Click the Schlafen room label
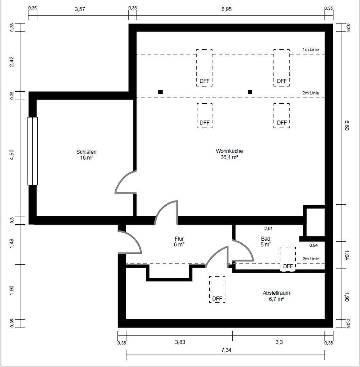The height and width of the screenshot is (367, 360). tap(86, 152)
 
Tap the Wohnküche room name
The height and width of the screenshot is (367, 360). tap(229, 151)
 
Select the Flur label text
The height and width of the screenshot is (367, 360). tap(179, 239)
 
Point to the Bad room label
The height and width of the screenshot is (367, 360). tap(266, 239)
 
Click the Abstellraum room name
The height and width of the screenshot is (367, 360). tap(276, 293)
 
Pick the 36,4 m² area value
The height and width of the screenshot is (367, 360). tap(229, 157)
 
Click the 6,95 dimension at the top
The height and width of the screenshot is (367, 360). tap(226, 9)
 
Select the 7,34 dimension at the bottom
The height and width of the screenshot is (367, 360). tap(226, 350)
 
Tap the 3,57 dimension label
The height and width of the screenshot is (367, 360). tap(80, 9)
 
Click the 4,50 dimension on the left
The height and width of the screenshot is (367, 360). tap(12, 155)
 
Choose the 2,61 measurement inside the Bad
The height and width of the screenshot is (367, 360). tap(268, 228)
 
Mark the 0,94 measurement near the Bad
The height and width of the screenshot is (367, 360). tap(313, 245)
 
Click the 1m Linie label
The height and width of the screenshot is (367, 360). tap(311, 50)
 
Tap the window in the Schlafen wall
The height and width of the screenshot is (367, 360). tap(33, 151)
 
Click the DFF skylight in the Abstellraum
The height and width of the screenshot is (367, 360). tap(217, 289)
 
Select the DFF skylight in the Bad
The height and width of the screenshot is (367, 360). tap(288, 259)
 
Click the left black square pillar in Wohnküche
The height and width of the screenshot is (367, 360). tap(160, 92)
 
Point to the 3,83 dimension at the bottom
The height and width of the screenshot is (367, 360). tap(180, 342)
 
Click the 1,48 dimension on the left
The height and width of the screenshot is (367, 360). tap(12, 244)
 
